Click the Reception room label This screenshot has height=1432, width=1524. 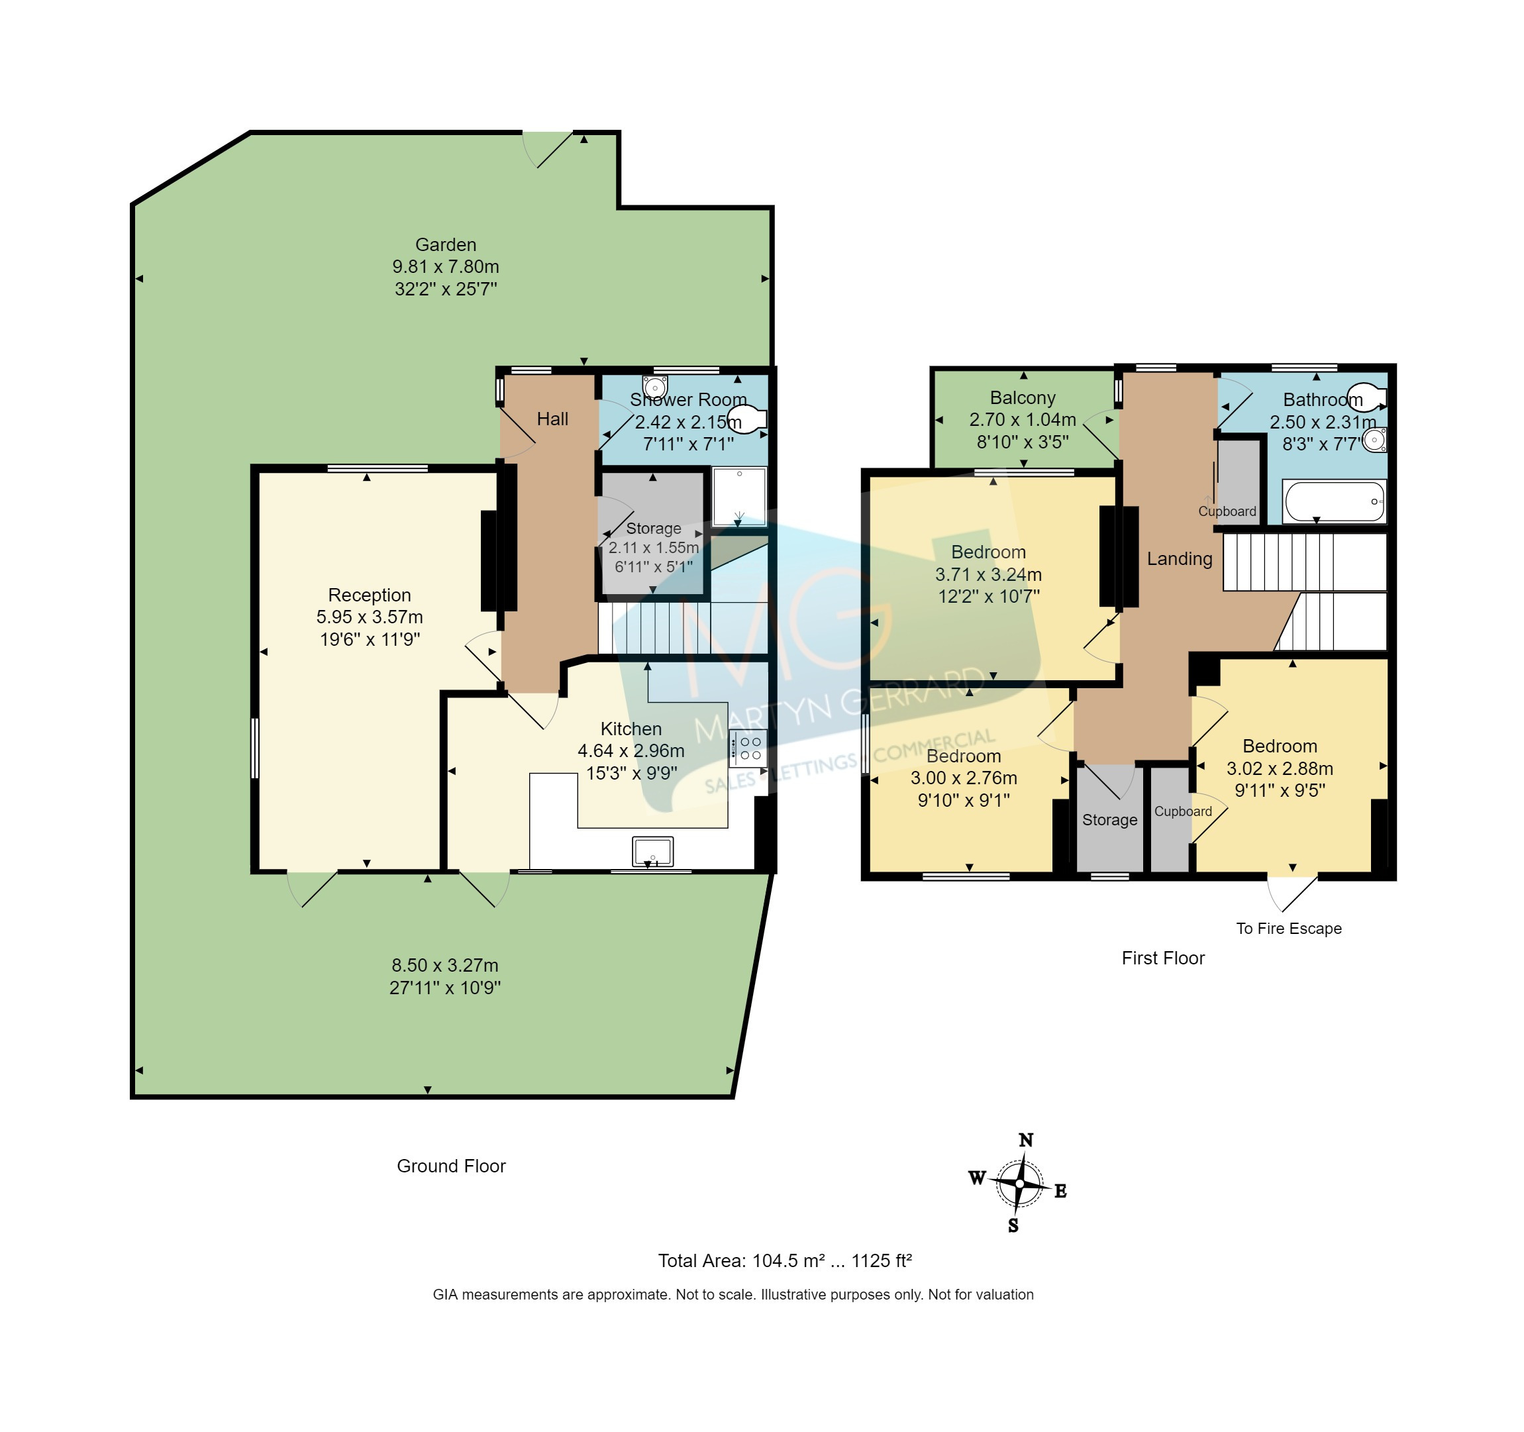pyautogui.click(x=370, y=595)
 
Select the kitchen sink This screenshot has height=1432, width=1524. pyautogui.click(x=652, y=851)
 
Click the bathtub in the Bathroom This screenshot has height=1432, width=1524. pyautogui.click(x=1333, y=501)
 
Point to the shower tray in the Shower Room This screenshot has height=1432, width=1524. pyautogui.click(x=739, y=496)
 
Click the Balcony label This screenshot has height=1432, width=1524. pyautogui.click(x=1023, y=398)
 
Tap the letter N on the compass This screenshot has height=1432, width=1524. pyautogui.click(x=1026, y=1140)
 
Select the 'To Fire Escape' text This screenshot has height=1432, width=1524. pyautogui.click(x=1289, y=929)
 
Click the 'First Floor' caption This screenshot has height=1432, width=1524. pyautogui.click(x=1163, y=958)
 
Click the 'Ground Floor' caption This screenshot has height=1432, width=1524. pyautogui.click(x=451, y=1166)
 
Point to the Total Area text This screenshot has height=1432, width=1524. pyautogui.click(x=784, y=1261)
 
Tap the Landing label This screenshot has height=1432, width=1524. pyautogui.click(x=1179, y=559)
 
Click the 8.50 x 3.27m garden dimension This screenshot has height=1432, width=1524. pyautogui.click(x=444, y=965)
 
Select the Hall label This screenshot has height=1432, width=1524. pyautogui.click(x=552, y=419)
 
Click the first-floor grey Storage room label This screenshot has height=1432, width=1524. pyautogui.click(x=1109, y=819)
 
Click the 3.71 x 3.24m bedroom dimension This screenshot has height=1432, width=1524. pyautogui.click(x=988, y=574)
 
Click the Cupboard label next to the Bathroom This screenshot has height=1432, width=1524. pyautogui.click(x=1227, y=511)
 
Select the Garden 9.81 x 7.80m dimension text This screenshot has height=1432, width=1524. pyautogui.click(x=445, y=267)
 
